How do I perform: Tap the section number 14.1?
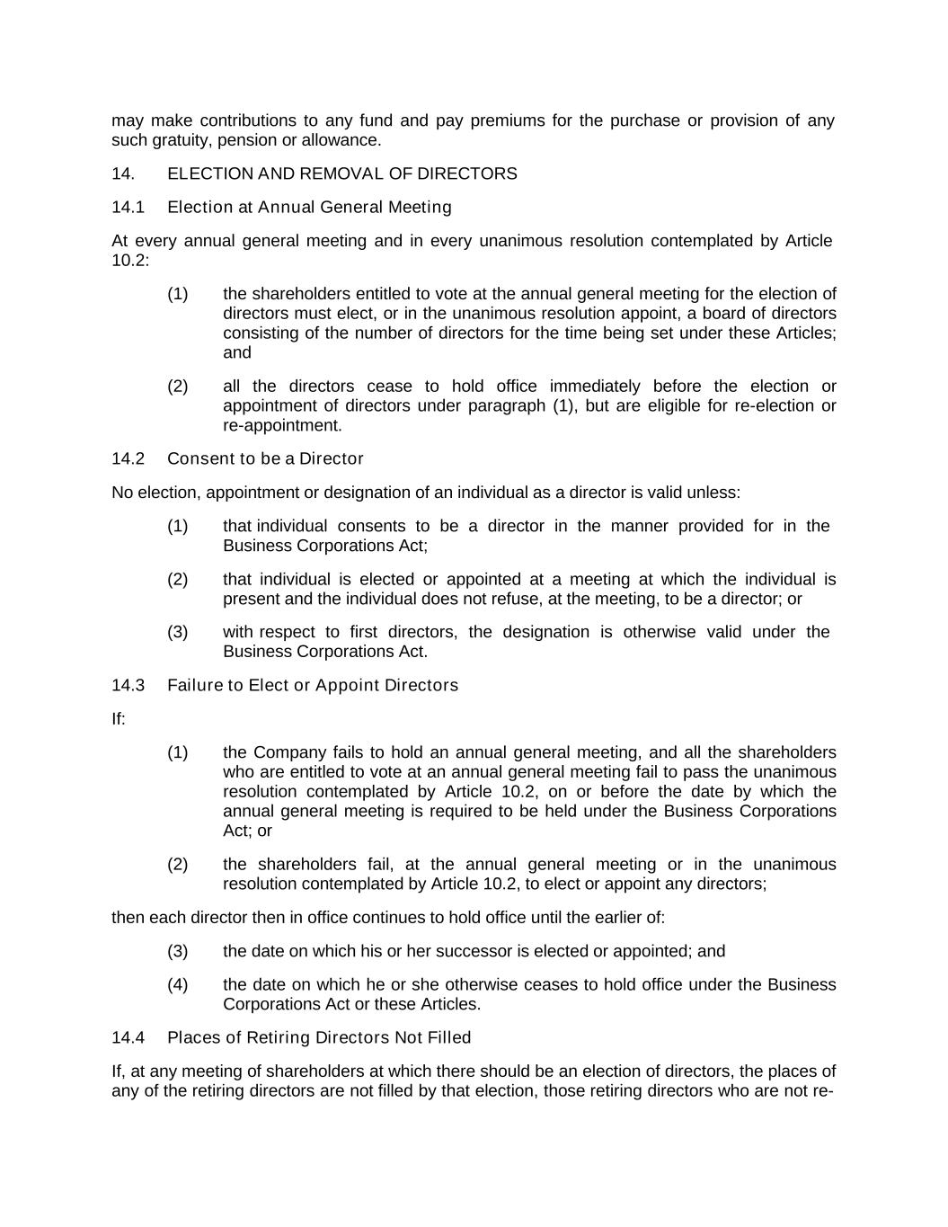(x=128, y=208)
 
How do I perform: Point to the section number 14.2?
(x=128, y=459)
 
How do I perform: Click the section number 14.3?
(x=128, y=686)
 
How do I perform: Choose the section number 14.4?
(x=128, y=1038)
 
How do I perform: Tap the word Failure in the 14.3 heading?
(x=195, y=686)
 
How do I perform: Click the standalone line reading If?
(x=119, y=719)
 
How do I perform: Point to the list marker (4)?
(x=177, y=984)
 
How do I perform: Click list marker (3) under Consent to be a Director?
(x=177, y=632)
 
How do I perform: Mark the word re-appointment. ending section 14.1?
(x=282, y=425)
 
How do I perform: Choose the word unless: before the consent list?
(x=713, y=493)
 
